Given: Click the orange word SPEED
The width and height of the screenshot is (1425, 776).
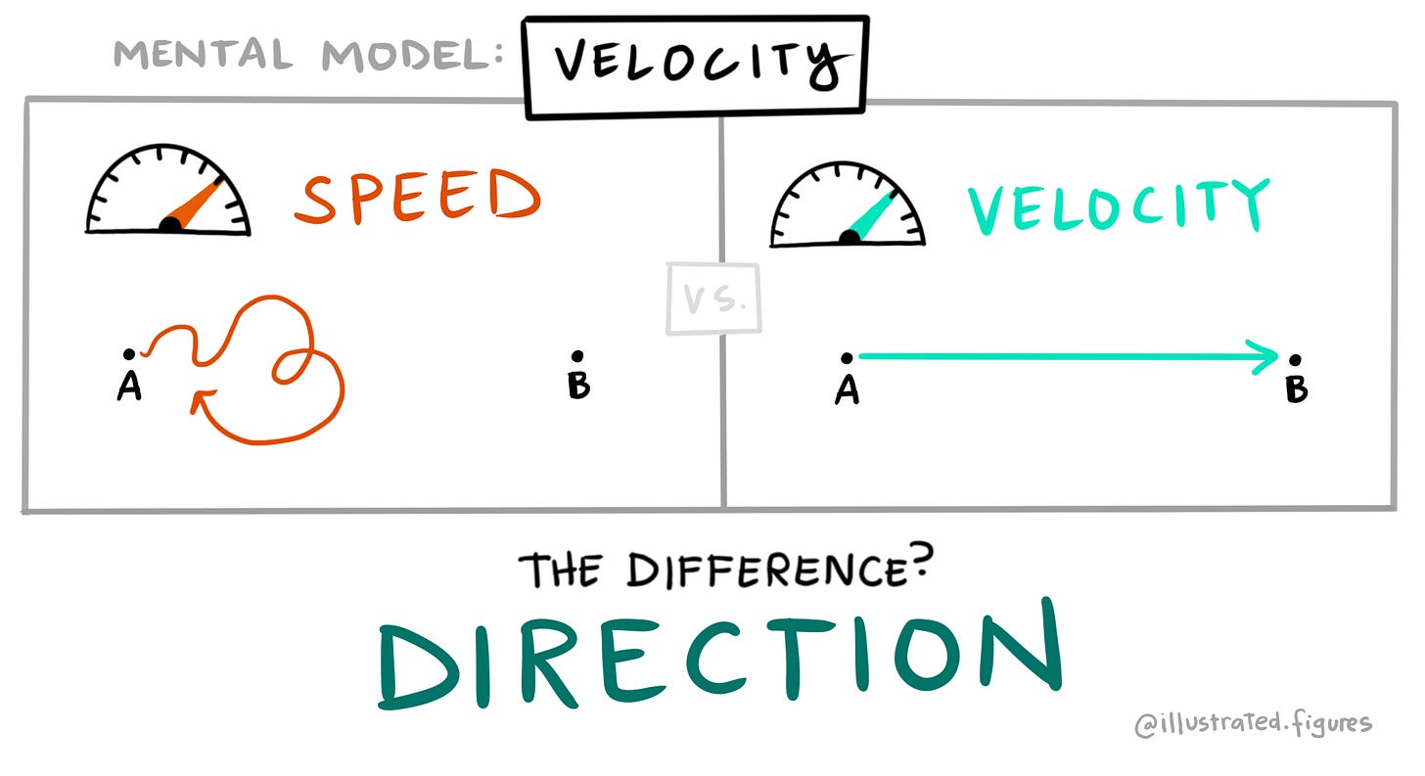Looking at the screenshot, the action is click(418, 197).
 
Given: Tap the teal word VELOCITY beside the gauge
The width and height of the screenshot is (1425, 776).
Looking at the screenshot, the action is click(1118, 206).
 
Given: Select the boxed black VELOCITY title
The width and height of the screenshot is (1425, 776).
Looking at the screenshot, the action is click(695, 67).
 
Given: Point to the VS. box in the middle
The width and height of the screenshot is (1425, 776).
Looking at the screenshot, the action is click(713, 299).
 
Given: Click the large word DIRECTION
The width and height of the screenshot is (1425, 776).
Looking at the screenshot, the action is click(719, 654).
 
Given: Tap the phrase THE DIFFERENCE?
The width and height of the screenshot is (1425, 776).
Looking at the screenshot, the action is click(723, 570).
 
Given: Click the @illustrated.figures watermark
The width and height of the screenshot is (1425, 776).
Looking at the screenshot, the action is click(1253, 724).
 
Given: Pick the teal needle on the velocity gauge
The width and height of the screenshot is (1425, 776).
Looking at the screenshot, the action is click(871, 216).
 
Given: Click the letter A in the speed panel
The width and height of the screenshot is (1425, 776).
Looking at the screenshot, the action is click(129, 388).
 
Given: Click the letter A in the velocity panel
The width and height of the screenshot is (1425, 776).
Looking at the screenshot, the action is click(847, 390).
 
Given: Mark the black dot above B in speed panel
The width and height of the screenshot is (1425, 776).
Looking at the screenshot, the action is click(577, 356).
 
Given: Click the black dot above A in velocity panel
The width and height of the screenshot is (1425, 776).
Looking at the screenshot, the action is click(847, 358).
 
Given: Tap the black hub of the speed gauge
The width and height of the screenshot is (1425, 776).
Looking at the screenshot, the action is click(169, 226).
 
